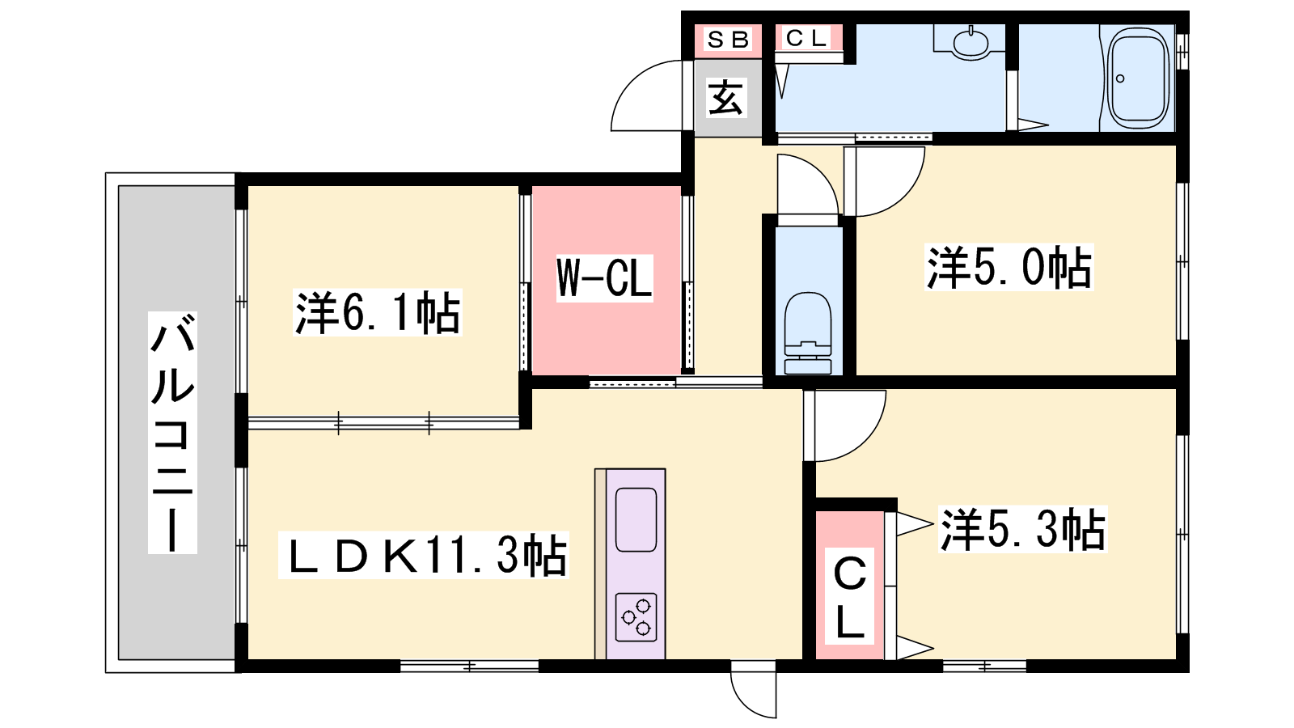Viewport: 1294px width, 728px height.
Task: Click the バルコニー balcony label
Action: tap(172, 433)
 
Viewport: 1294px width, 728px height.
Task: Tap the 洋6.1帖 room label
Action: tap(378, 312)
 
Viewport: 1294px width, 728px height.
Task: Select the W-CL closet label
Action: tap(604, 278)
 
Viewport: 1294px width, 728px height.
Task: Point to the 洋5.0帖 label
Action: tap(1009, 267)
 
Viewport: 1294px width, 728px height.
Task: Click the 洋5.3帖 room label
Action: tap(1023, 529)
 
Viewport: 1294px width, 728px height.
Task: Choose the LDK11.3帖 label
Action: tap(424, 555)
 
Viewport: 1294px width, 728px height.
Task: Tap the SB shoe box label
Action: tap(728, 40)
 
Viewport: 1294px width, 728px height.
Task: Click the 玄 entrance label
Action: tap(726, 97)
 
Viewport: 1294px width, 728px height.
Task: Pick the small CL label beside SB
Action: tap(806, 38)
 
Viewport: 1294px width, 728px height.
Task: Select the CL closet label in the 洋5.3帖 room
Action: tap(850, 596)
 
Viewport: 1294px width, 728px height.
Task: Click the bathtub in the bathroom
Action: tap(1137, 78)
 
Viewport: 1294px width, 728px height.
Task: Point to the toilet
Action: tap(808, 333)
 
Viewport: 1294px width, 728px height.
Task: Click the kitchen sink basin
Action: tap(636, 520)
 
